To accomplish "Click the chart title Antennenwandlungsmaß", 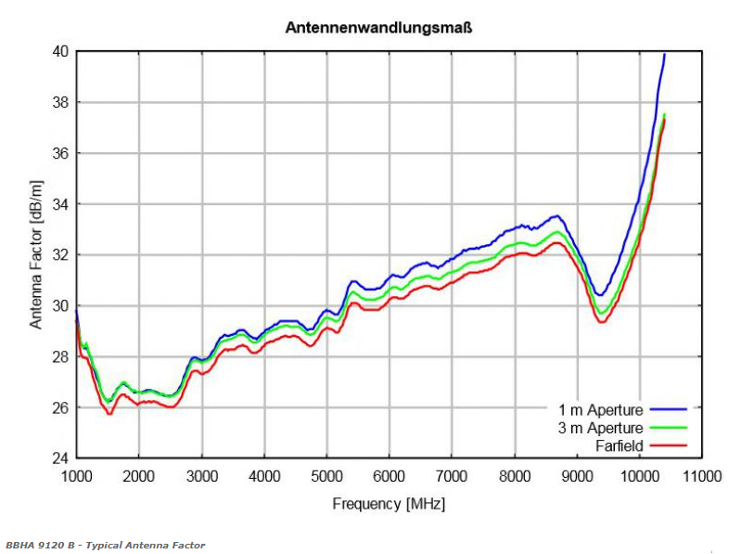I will pos(378,28).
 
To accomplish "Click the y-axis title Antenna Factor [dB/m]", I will pos(36,254).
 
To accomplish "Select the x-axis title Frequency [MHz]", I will pos(388,504).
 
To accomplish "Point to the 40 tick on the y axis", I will pos(58,51).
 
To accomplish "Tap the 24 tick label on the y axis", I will pos(58,458).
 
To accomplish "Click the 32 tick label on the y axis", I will pos(58,254).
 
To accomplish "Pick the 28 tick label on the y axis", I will pos(58,356).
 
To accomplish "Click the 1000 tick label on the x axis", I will pos(76,477).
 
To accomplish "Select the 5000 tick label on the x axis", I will pos(326,477).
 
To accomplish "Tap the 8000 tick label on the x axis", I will pos(514,477).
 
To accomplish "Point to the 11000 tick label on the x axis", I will pos(701,477).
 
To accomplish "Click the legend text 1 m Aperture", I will pos(600,409).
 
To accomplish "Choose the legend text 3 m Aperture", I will pos(600,428).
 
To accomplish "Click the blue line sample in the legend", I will pos(668,409).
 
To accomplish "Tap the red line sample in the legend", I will pos(668,446).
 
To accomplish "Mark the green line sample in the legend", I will pos(668,428).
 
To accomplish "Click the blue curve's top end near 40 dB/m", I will pos(664,55).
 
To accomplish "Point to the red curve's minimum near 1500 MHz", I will pos(109,413).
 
